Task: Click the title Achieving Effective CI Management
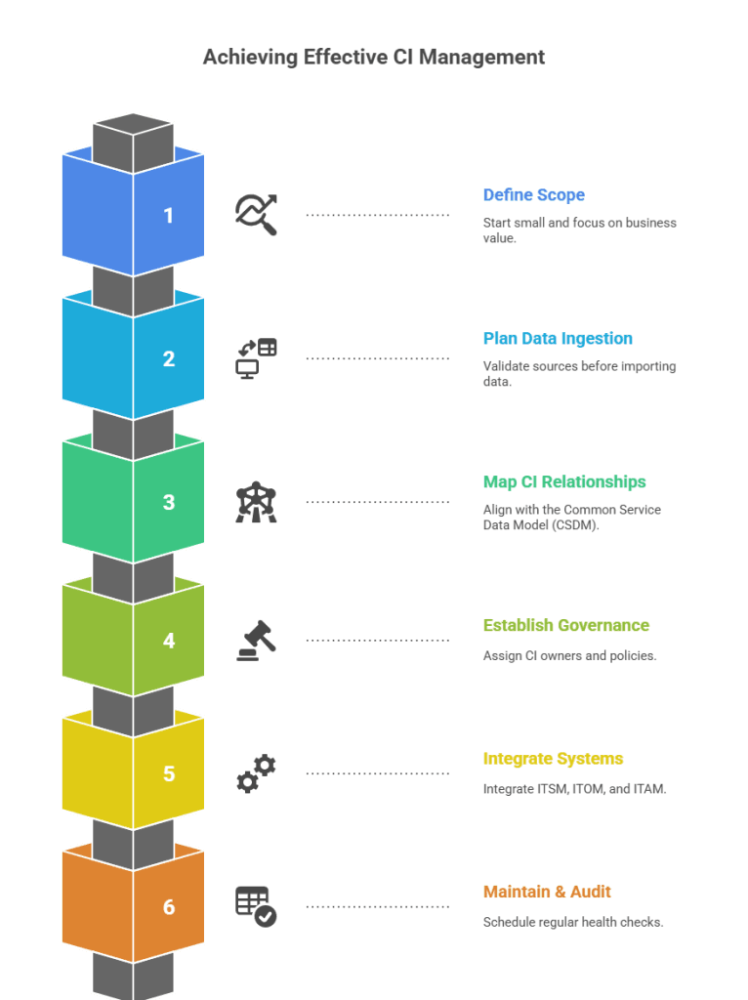tap(373, 58)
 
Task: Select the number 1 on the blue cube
tap(169, 216)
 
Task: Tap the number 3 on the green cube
tap(169, 503)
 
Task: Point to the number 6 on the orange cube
tap(169, 907)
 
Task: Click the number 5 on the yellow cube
tap(169, 774)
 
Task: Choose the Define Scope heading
tap(533, 195)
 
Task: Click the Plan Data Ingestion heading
tap(558, 339)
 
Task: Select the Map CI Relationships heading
tap(564, 482)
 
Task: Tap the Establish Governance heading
tap(566, 626)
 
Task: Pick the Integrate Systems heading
tap(553, 759)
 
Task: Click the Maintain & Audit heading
tap(547, 892)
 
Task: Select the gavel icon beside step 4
tap(257, 641)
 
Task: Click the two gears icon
tap(257, 773)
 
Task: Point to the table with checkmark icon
tap(257, 906)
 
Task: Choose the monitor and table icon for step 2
tap(257, 358)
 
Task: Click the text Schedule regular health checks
tap(573, 922)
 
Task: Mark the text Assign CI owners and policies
tap(569, 656)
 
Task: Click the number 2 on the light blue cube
tap(169, 359)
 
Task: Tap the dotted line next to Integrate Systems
tap(378, 773)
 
